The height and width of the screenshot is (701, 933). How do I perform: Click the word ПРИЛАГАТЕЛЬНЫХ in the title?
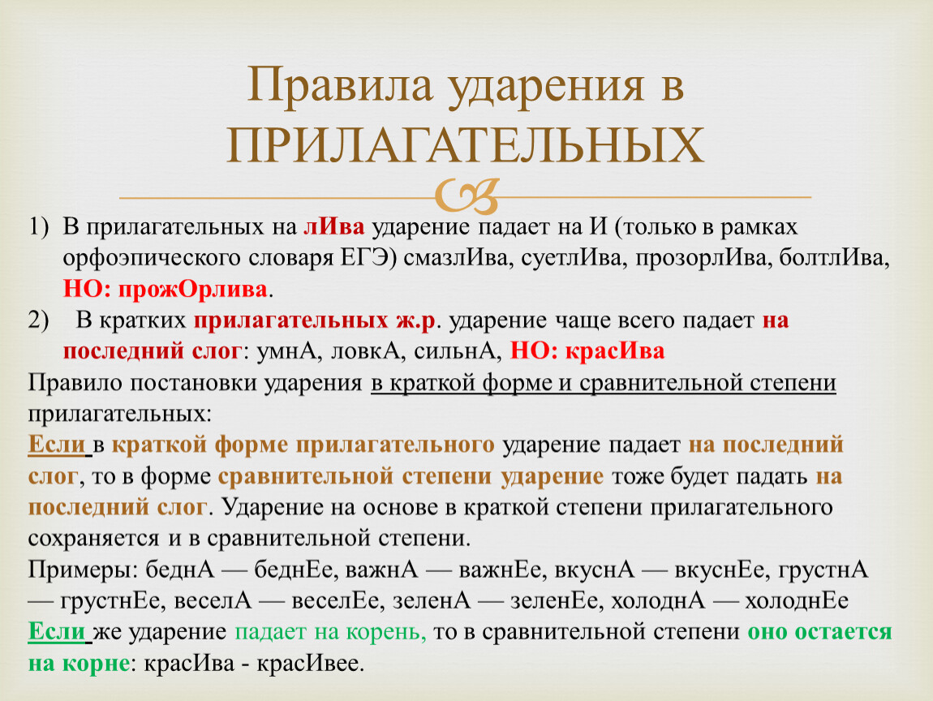point(466,145)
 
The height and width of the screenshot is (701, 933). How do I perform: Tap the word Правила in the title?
point(340,84)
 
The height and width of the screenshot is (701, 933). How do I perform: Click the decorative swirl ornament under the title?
point(466,196)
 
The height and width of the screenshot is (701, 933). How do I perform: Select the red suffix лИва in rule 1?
point(333,226)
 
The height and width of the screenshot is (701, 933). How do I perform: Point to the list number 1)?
point(38,227)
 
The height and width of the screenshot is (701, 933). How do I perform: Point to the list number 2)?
point(38,320)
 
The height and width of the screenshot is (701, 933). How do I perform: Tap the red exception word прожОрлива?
point(193,289)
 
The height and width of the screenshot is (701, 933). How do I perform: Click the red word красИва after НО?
point(615,351)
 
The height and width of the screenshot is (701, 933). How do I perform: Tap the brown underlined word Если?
point(57,445)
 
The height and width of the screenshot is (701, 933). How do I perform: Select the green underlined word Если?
point(57,631)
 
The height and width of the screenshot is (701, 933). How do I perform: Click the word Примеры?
point(82,570)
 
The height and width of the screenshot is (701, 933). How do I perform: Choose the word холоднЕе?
point(797,601)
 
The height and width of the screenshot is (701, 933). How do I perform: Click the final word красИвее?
point(309,663)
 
